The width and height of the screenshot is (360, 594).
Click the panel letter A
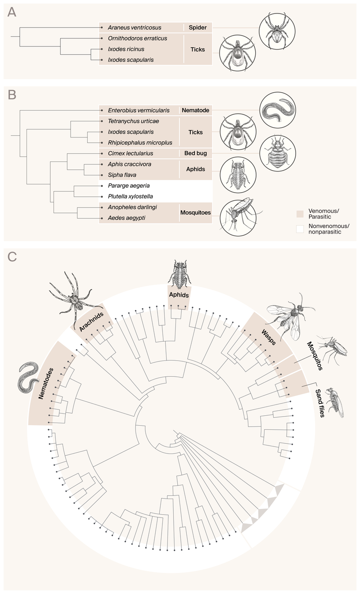coord(12,12)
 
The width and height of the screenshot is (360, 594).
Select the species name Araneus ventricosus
coord(134,27)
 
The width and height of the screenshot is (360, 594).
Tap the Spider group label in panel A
coord(198,27)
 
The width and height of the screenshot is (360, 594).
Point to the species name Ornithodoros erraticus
coord(137,38)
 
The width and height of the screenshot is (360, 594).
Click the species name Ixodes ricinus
coord(126,49)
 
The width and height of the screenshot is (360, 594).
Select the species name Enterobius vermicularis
coord(139,110)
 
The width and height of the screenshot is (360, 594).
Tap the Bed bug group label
coord(195,153)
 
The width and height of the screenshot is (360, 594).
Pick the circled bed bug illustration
coord(278,153)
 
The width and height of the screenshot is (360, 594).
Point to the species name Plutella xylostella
coord(130,196)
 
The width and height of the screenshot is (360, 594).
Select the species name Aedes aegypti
coord(126,218)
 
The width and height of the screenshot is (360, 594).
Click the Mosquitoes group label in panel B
coord(195,212)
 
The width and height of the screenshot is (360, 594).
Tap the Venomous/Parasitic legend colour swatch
coord(300,214)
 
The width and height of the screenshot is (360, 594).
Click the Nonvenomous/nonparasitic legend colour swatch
coord(300,229)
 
